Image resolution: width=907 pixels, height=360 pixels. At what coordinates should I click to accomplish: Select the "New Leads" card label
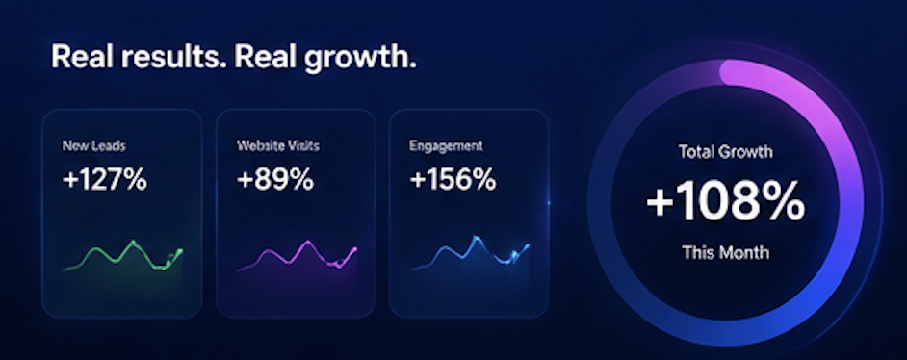(x=93, y=146)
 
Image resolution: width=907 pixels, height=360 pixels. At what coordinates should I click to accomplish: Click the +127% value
(x=105, y=180)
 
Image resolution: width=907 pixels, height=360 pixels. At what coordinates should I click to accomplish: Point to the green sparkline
(x=122, y=257)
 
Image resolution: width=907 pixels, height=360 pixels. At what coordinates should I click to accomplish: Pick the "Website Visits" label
(x=277, y=145)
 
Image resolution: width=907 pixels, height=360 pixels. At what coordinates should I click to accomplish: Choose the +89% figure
(x=275, y=180)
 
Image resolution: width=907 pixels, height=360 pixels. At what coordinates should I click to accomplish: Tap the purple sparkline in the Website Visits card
(x=298, y=255)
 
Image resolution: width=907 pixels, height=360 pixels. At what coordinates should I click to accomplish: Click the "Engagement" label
(x=446, y=146)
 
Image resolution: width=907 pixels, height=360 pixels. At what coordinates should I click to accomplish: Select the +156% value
(x=453, y=180)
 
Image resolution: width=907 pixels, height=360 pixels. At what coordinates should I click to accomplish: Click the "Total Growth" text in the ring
(x=725, y=152)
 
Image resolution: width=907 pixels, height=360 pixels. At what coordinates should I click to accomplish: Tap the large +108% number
(x=725, y=200)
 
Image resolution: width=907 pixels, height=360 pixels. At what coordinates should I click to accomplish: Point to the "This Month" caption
(x=725, y=252)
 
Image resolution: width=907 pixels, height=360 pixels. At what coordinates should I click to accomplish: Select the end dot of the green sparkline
(x=180, y=251)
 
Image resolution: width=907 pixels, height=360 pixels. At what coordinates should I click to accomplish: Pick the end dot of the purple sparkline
(x=354, y=249)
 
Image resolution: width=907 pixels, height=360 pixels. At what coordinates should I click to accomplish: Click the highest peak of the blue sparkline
(x=476, y=238)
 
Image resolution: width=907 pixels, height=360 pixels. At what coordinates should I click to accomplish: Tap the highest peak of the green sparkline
(x=133, y=243)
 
